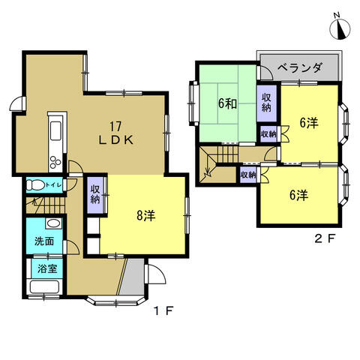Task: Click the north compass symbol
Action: coord(340,28)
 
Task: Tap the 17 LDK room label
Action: coord(115,133)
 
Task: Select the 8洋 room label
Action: coord(146,215)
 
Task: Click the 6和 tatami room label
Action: coord(227,103)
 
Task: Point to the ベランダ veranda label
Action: coord(299,67)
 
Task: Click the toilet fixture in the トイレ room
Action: coord(35,185)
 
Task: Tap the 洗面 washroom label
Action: coord(44,241)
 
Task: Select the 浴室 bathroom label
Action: coord(47,268)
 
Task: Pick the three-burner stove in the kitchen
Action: coord(55,162)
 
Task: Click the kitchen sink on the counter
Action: coord(55,130)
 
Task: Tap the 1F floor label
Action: coord(163,310)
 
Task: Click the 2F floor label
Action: coord(325,238)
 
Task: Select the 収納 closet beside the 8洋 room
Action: coord(95,195)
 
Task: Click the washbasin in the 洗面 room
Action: coord(53,223)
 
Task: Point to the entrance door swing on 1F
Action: coord(156,274)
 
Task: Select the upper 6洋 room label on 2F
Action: coord(309,123)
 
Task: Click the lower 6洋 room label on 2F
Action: coord(298,195)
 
